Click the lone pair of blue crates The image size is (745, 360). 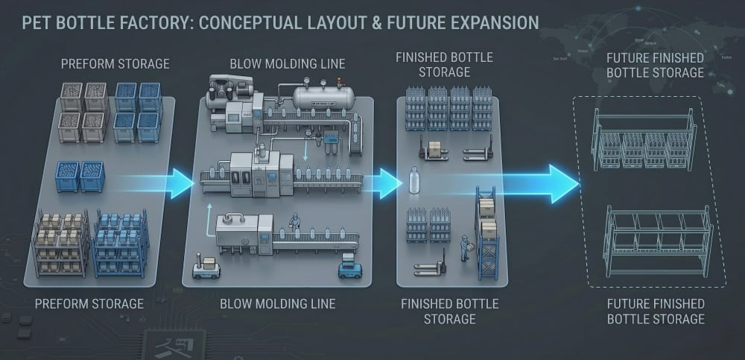click(x=80, y=177)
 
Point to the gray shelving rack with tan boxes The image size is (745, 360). click(x=61, y=241)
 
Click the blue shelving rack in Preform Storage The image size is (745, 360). click(x=120, y=241)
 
